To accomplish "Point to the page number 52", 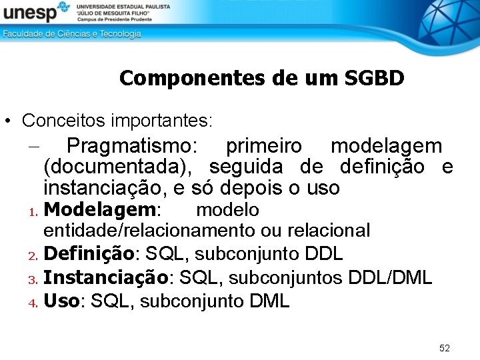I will (445, 348).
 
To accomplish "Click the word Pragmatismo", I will (132, 145).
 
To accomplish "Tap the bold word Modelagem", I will (100, 210).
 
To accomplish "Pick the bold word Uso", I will (61, 301).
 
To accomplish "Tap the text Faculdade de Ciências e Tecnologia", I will (72, 34).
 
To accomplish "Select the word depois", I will (261, 188).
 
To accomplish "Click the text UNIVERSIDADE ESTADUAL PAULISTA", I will (123, 5).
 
